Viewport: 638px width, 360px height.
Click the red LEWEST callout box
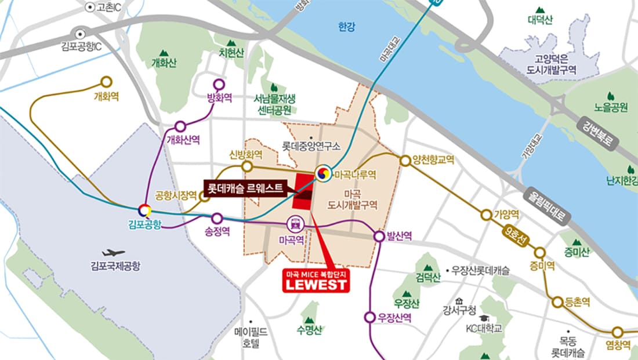tap(316, 281)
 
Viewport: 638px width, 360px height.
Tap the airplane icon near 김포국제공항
tap(113, 253)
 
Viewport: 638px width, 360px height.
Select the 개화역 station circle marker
tap(106, 82)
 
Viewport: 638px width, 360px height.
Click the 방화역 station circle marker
tap(219, 83)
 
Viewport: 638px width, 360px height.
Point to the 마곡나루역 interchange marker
tap(323, 173)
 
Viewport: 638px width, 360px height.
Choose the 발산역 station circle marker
tap(378, 236)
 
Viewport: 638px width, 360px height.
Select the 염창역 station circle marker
tap(618, 332)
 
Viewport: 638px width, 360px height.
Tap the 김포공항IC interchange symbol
tap(80, 32)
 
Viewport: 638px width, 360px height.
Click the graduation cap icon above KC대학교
tap(484, 318)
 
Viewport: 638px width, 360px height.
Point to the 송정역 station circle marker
tap(217, 219)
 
